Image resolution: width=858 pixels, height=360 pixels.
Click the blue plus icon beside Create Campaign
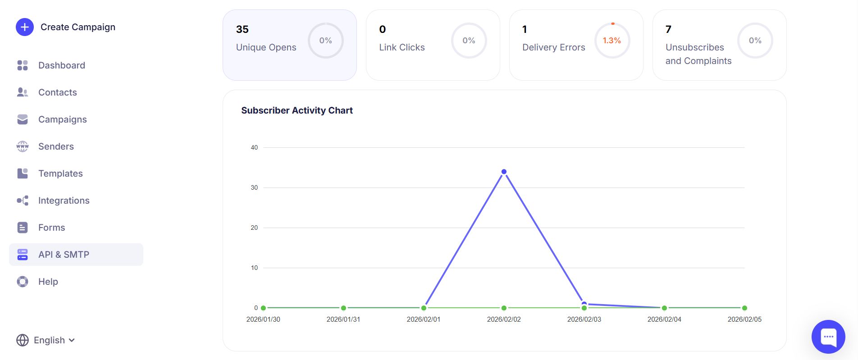[x=25, y=27]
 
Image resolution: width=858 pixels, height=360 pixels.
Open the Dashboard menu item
[x=61, y=65]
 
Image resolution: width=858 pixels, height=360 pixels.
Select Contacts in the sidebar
[x=57, y=92]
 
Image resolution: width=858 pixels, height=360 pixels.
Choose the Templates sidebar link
[x=60, y=173]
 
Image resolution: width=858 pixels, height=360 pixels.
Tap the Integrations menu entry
[x=64, y=201]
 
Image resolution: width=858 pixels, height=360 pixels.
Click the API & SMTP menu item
[x=64, y=255]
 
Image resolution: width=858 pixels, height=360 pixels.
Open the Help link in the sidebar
[x=48, y=282]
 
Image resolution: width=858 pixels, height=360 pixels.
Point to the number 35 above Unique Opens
[x=242, y=29]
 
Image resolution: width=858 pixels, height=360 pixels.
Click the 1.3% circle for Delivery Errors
[x=612, y=41]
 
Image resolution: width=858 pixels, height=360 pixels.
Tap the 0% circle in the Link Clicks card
[x=469, y=41]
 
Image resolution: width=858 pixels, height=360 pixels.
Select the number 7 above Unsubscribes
[x=668, y=29]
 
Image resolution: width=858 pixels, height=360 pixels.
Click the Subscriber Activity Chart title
[x=297, y=110]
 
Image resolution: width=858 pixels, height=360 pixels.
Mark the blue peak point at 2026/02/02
[x=504, y=172]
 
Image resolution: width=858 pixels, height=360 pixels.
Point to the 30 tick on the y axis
[x=254, y=187]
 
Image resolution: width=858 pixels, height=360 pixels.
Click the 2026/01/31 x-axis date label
[x=343, y=319]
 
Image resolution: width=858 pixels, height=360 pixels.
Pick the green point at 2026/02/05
[x=744, y=308]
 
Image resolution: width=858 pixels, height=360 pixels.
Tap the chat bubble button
[x=828, y=337]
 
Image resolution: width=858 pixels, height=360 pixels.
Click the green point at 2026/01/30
[x=263, y=308]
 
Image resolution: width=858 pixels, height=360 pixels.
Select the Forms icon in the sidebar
[x=23, y=228]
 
